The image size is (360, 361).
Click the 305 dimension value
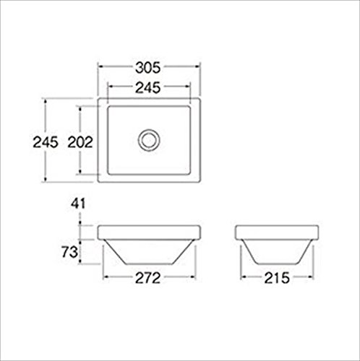[x=147, y=68]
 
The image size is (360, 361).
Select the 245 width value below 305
[x=147, y=87]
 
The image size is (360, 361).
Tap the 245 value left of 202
[x=46, y=142]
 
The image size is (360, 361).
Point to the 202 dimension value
[x=80, y=142]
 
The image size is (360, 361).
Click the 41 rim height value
[x=78, y=204]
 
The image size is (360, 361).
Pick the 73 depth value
[x=69, y=252]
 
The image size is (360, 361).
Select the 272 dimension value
[x=147, y=278]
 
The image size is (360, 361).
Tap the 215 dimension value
[x=277, y=278]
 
